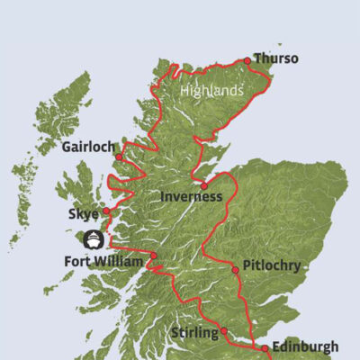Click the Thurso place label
click(x=275, y=59)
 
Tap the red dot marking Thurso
click(x=247, y=61)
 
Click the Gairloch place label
click(x=88, y=146)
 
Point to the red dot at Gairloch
click(x=119, y=157)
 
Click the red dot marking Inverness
click(x=204, y=186)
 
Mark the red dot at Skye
click(x=107, y=211)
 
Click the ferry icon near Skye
click(x=94, y=239)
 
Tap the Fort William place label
click(x=104, y=262)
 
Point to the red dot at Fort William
click(x=153, y=256)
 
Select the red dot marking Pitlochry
click(x=234, y=269)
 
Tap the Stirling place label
click(x=194, y=333)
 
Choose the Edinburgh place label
click(x=307, y=346)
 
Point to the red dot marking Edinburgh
click(x=265, y=348)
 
